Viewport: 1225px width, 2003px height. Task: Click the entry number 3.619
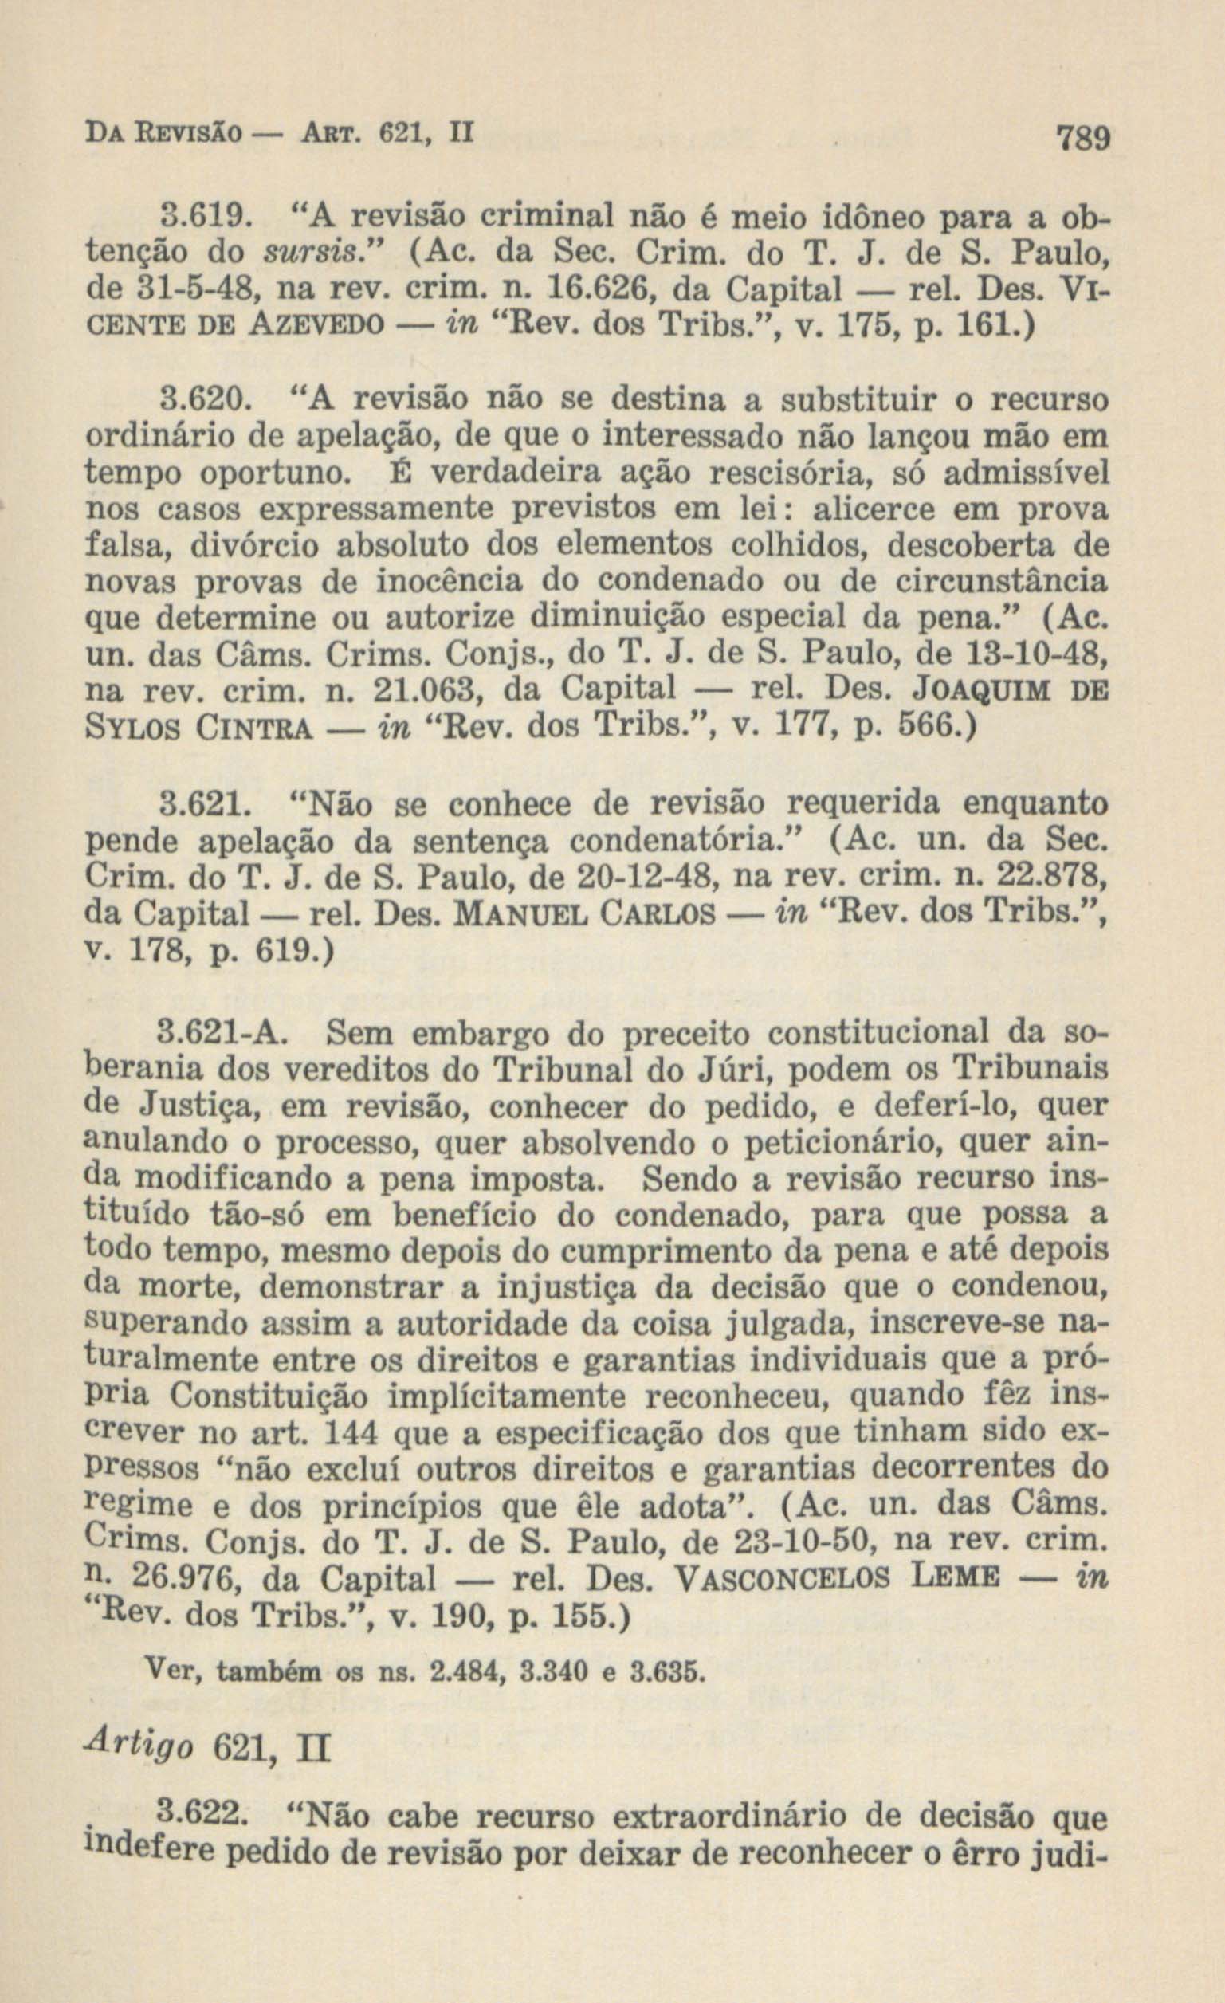coord(198,218)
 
